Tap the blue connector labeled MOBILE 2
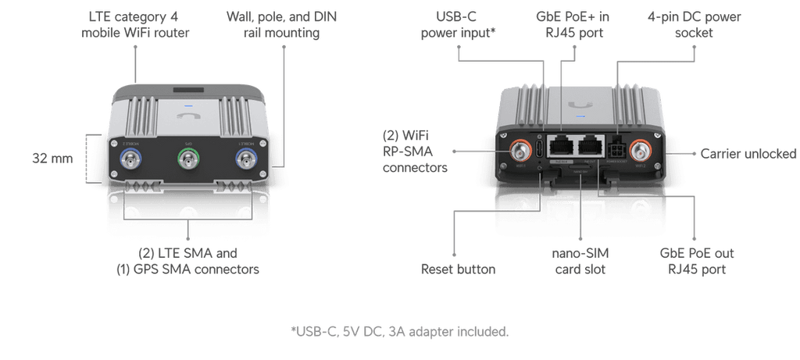130,159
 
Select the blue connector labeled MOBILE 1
246,159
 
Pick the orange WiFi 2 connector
641,151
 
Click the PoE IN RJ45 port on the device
561,146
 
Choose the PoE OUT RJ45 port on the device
591,146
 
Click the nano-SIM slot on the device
580,167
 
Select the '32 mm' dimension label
52,158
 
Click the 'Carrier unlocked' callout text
748,154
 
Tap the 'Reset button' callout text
458,269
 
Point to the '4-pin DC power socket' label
694,24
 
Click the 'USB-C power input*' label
459,24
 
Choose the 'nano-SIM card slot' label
580,261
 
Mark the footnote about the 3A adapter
400,331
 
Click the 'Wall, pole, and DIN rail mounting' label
281,24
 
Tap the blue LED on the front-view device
188,108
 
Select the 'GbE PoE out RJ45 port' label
697,261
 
